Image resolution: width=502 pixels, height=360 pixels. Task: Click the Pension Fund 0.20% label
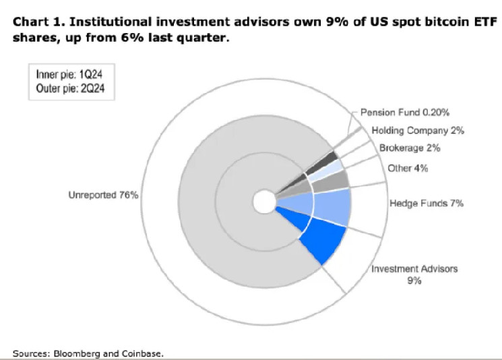pos(404,112)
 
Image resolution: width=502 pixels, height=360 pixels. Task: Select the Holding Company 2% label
pos(418,131)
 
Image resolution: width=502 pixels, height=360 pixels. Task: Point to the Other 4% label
pos(408,167)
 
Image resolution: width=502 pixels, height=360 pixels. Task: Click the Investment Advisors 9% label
pos(414,274)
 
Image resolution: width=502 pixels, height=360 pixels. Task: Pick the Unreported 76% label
pos(103,196)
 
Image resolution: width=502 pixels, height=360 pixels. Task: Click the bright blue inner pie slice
pos(317,239)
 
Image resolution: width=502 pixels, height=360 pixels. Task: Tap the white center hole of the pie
pos(263,201)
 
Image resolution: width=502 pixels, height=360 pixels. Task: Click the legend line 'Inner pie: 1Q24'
pos(59,76)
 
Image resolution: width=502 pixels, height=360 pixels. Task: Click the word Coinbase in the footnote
pos(142,353)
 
